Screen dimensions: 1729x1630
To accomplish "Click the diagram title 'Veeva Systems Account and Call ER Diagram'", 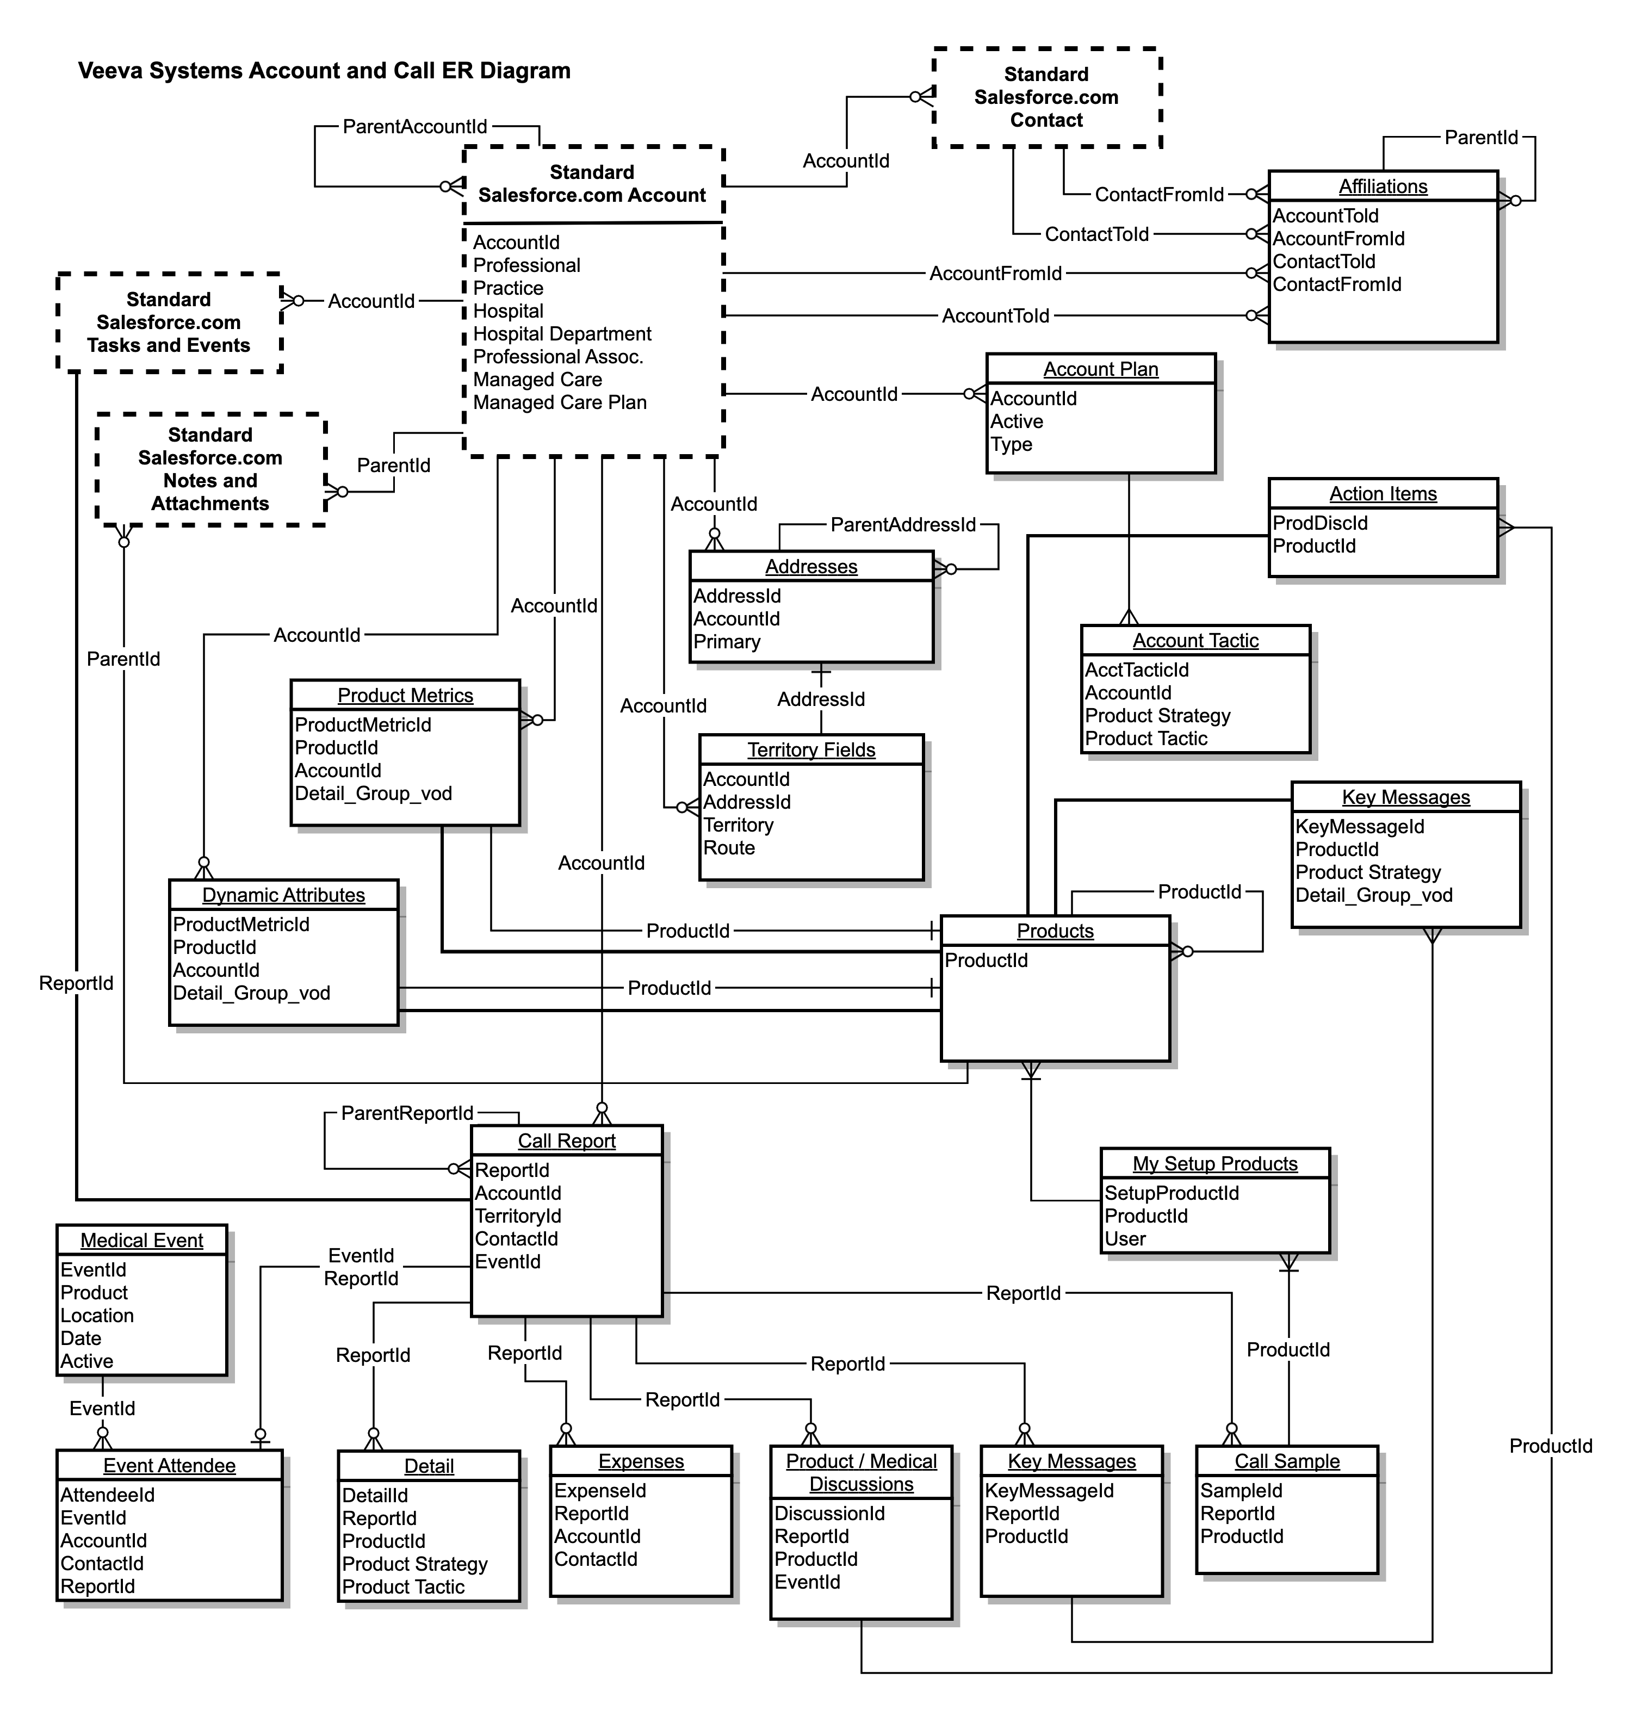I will pyautogui.click(x=325, y=71).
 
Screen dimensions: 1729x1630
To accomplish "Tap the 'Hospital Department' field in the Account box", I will pyautogui.click(x=562, y=334).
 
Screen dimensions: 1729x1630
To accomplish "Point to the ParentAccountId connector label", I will pyautogui.click(x=415, y=127).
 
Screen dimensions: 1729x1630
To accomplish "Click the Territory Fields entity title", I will pyautogui.click(x=811, y=749).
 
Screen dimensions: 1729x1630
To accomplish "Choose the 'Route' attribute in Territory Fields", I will pyautogui.click(x=729, y=848).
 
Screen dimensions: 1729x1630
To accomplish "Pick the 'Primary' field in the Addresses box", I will pyautogui.click(x=727, y=642).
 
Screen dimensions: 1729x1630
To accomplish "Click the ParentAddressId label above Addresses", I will pyautogui.click(x=903, y=524).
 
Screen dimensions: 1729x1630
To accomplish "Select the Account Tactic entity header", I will pyautogui.click(x=1195, y=640).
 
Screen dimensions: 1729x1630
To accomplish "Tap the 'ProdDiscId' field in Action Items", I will pyautogui.click(x=1319, y=523).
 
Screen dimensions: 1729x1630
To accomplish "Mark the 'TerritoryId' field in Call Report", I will pyautogui.click(x=518, y=1216).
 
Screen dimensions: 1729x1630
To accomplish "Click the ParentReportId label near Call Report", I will pyautogui.click(x=407, y=1113).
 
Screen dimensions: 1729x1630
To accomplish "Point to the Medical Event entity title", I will pyautogui.click(x=142, y=1240).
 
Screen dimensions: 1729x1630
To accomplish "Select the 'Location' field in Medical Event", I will pyautogui.click(x=97, y=1316).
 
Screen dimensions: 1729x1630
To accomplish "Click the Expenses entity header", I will pyautogui.click(x=641, y=1461).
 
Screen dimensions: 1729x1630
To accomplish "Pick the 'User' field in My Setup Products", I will pyautogui.click(x=1125, y=1238).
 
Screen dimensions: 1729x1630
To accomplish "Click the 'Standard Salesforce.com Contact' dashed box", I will pyautogui.click(x=1046, y=97).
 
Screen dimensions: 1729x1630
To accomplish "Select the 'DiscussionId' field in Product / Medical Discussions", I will pyautogui.click(x=830, y=1513).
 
